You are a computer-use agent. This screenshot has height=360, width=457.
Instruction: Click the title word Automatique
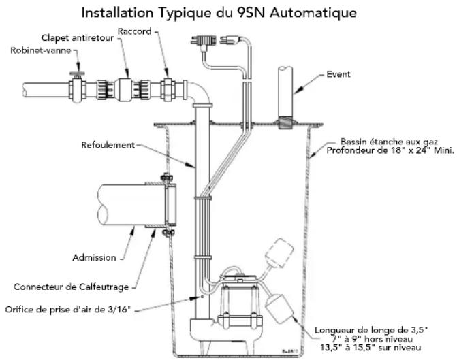click(x=313, y=14)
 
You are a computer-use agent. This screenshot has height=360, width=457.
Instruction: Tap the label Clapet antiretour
click(x=78, y=38)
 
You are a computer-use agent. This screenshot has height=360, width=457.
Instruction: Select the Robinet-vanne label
click(x=41, y=50)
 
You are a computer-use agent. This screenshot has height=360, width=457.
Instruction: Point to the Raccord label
click(x=135, y=31)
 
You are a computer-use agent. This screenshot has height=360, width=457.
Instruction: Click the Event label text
click(x=338, y=74)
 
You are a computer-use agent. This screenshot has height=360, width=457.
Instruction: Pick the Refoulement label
click(x=108, y=145)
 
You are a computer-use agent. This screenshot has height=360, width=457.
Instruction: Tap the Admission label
click(x=94, y=257)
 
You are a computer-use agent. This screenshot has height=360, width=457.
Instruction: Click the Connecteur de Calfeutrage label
click(x=72, y=287)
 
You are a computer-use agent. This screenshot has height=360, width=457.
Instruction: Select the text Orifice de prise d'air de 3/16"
click(x=68, y=310)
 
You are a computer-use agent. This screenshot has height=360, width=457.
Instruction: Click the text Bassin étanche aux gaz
click(x=389, y=142)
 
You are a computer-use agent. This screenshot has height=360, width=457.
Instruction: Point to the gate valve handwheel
click(x=77, y=73)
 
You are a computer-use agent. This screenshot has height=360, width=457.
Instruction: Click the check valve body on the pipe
click(x=123, y=89)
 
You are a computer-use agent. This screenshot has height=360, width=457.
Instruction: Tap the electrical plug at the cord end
click(x=231, y=39)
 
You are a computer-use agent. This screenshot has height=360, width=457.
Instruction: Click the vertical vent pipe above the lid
click(x=285, y=92)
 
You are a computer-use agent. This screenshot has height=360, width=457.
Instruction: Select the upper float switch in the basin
click(x=279, y=252)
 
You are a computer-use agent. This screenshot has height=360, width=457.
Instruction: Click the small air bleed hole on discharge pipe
click(x=202, y=297)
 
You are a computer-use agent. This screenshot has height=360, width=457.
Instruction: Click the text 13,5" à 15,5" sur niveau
click(x=371, y=348)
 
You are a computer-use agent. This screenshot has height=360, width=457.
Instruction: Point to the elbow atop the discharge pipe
click(x=201, y=92)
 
